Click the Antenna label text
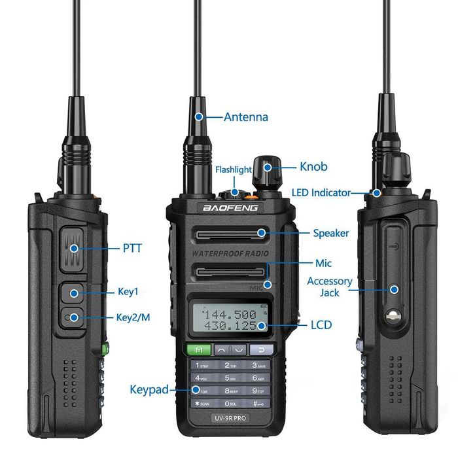[x=245, y=117]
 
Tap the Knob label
[x=313, y=167]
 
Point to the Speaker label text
[x=330, y=233]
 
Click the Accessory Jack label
[x=330, y=287]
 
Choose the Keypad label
[x=149, y=389]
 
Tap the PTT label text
[x=132, y=248]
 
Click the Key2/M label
[x=133, y=317]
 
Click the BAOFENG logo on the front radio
[x=230, y=208]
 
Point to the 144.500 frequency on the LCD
[x=228, y=314]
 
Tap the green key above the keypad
[x=199, y=349]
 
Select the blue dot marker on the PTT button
[x=74, y=248]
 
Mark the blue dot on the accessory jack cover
[x=395, y=289]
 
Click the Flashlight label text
[x=234, y=169]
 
